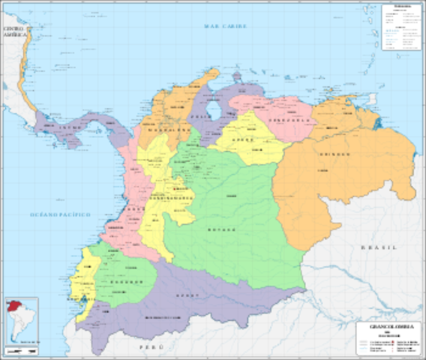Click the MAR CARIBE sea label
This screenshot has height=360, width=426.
point(226,26)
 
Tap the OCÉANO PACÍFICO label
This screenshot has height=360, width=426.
point(59,214)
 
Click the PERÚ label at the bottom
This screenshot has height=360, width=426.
point(151,349)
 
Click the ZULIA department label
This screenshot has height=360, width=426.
point(198,116)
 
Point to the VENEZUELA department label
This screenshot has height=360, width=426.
point(289,120)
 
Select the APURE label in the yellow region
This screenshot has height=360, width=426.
point(243,140)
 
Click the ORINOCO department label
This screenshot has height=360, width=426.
point(336,154)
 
